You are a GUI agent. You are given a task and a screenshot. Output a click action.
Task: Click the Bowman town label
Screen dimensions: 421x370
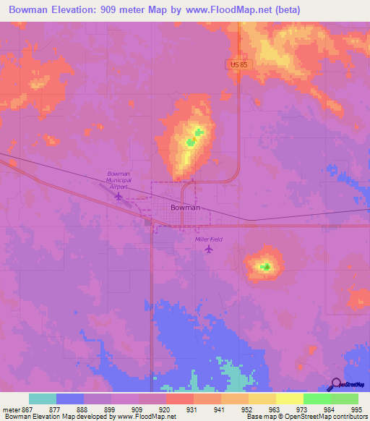pyautogui.click(x=185, y=207)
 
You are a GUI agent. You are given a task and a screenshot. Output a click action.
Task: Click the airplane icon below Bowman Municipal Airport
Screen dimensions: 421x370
pyautogui.click(x=119, y=195)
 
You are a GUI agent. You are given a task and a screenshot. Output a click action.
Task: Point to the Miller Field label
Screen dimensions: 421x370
pyautogui.click(x=209, y=239)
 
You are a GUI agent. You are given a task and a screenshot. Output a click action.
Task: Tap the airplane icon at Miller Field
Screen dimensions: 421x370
pyautogui.click(x=210, y=250)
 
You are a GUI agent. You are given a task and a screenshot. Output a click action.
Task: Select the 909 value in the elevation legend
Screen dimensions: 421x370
pyautogui.click(x=124, y=409)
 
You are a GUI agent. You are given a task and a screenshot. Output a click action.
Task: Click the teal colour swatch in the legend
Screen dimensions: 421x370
pyautogui.click(x=43, y=399)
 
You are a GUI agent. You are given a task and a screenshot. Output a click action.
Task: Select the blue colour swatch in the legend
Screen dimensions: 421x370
pyautogui.click(x=70, y=399)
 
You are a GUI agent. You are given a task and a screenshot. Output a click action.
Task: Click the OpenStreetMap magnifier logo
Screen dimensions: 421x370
pyautogui.click(x=335, y=385)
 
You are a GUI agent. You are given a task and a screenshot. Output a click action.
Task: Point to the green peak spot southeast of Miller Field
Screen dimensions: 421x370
pyautogui.click(x=266, y=267)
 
